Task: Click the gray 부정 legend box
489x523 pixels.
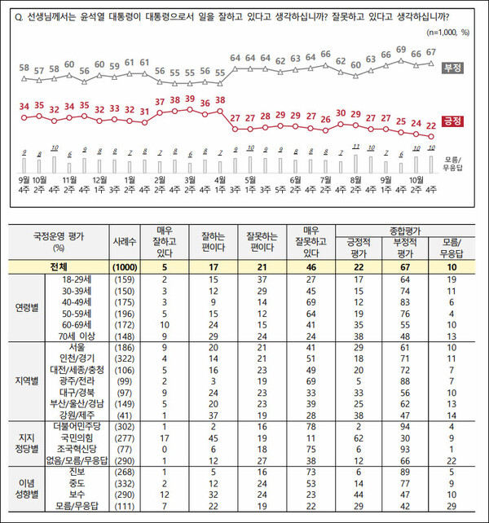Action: [x=452, y=68]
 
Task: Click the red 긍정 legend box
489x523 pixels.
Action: [x=452, y=121]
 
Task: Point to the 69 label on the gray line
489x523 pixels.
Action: [x=400, y=50]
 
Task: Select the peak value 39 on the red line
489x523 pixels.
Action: [x=190, y=99]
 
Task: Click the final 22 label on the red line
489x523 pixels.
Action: [x=430, y=125]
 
